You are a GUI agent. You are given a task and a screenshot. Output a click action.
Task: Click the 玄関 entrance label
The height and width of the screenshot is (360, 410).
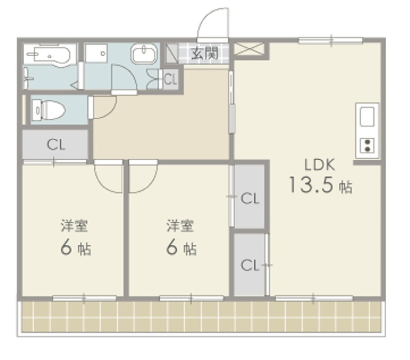(205, 53)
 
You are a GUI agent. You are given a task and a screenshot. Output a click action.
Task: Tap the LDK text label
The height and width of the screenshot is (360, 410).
(319, 164)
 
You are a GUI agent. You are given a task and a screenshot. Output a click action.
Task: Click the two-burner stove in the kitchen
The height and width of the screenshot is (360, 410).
(368, 145)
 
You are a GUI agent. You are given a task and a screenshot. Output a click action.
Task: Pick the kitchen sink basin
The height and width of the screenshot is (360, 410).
(368, 117)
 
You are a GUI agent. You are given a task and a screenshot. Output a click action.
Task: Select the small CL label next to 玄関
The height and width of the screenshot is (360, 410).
(170, 79)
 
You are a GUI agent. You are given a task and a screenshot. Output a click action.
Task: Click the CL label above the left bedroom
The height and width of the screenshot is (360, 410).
(56, 144)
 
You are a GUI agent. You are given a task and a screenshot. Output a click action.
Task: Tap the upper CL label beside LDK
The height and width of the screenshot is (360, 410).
(250, 198)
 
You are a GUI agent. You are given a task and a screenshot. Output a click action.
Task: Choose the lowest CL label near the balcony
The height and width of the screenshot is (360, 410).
(250, 265)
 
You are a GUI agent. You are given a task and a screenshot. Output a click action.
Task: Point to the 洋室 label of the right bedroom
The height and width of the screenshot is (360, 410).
(180, 225)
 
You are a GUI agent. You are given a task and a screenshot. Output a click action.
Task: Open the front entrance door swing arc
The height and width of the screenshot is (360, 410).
(213, 23)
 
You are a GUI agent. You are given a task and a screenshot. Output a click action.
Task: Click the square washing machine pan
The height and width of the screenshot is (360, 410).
(96, 53)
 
